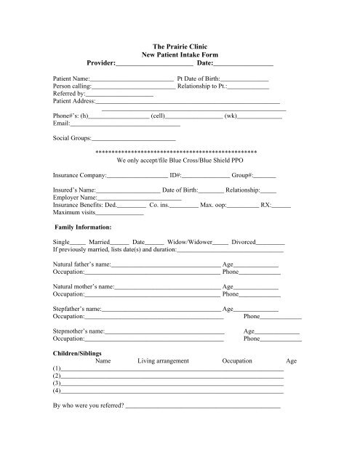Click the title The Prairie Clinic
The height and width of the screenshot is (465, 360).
(x=179, y=46)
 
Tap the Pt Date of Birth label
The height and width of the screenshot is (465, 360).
(x=197, y=77)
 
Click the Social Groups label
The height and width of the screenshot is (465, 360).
(x=69, y=137)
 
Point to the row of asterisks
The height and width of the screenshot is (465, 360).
(x=179, y=150)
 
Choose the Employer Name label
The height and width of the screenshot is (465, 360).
(x=74, y=198)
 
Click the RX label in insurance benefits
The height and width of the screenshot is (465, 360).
(x=265, y=206)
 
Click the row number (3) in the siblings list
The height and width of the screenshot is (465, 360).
(x=57, y=383)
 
